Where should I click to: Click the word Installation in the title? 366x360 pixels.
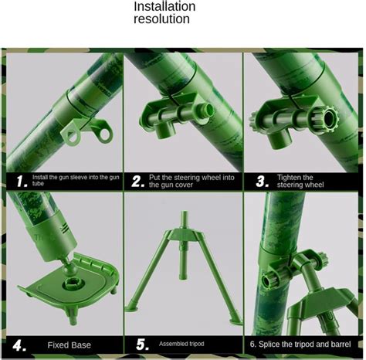click(164, 6)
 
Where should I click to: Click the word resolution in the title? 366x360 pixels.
click(161, 19)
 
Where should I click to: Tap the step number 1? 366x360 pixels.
click(21, 182)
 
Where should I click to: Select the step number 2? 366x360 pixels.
click(137, 182)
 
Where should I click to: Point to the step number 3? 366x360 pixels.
click(261, 182)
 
